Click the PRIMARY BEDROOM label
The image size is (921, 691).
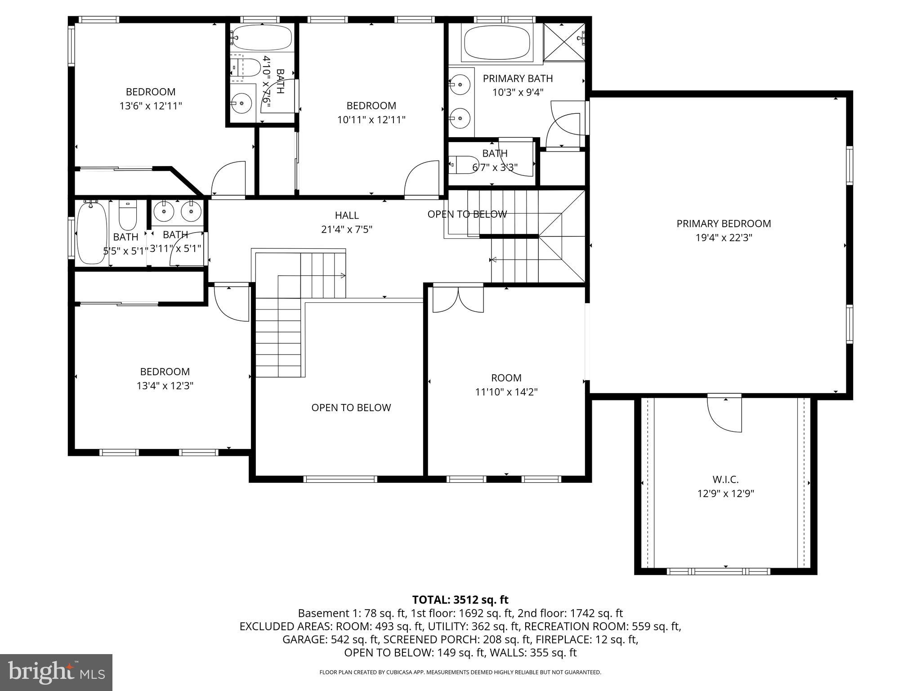[x=723, y=224]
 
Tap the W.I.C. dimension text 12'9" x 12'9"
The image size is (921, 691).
[x=725, y=494]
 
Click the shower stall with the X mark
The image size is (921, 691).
[x=563, y=41]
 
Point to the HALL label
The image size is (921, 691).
[x=347, y=215]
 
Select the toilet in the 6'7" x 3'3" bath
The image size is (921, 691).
[x=463, y=165]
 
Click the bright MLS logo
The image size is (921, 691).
[x=56, y=672]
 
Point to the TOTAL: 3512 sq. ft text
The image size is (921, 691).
[x=460, y=600]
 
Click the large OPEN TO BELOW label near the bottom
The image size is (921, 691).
[x=351, y=408]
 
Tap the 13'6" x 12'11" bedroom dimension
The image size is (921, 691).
[x=151, y=106]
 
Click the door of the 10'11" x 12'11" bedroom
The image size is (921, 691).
[x=422, y=179]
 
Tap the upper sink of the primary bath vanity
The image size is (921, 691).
[x=460, y=84]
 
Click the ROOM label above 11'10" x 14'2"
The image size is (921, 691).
[x=506, y=378]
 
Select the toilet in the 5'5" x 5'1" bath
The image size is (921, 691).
[x=128, y=216]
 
